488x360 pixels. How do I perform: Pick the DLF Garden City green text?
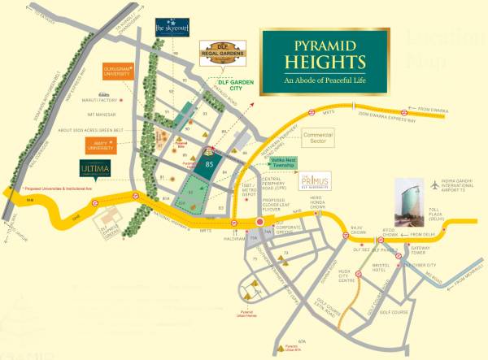pyautogui.click(x=237, y=81)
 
